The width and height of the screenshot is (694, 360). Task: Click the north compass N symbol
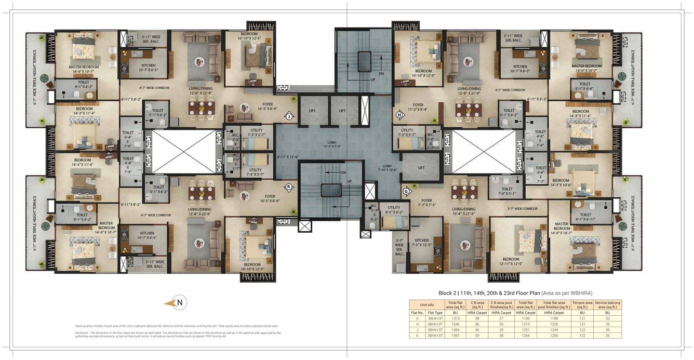(180, 302)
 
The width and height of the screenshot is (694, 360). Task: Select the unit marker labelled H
(399, 114)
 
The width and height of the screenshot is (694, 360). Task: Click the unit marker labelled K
(288, 187)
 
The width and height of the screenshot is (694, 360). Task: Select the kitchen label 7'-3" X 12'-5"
(421, 243)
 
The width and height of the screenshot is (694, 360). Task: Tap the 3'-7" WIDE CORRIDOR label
(522, 209)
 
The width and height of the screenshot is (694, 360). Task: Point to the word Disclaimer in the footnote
(82, 332)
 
